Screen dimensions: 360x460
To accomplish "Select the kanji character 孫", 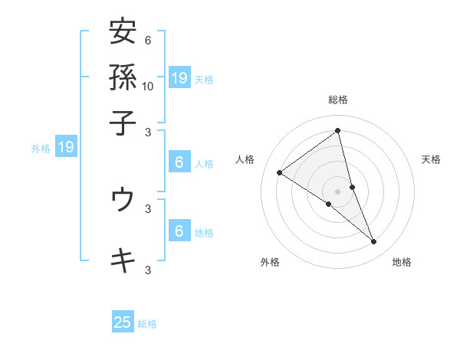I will click(123, 77).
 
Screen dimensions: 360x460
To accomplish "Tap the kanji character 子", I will click(123, 122).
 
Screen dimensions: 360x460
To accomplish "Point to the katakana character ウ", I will click(123, 199).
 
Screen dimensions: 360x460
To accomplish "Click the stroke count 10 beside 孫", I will click(148, 86).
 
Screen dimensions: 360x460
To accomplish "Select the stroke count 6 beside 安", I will click(147, 41).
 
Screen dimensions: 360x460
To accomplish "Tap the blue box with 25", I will click(123, 322).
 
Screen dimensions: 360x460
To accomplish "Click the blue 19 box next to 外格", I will click(66, 148).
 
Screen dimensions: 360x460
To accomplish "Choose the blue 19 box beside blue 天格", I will click(179, 77).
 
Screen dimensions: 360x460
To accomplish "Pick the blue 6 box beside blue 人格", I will click(179, 162).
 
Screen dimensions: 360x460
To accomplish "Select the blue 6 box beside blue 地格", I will click(179, 231).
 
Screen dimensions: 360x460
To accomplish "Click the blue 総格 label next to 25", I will click(147, 324).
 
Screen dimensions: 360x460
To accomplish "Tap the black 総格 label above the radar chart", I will click(338, 100).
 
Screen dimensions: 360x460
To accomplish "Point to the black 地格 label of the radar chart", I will click(402, 262).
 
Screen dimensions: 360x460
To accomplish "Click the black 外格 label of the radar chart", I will click(270, 262).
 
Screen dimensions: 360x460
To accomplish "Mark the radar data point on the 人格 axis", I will click(280, 172).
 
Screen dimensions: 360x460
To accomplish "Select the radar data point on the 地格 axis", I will click(374, 241).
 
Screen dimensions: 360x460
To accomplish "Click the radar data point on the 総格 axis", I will click(338, 131).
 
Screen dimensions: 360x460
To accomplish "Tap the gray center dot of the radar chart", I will click(338, 191).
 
